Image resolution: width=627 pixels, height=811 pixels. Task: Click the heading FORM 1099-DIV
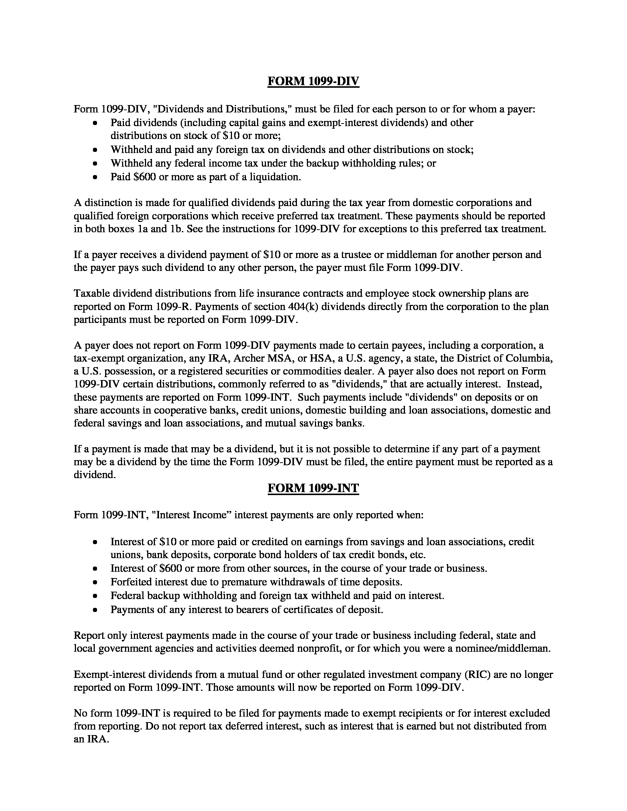313,81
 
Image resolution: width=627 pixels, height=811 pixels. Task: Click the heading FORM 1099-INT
313,488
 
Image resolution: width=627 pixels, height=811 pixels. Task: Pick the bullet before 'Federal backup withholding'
96,596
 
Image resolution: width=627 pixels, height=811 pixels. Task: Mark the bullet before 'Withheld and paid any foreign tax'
96,150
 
